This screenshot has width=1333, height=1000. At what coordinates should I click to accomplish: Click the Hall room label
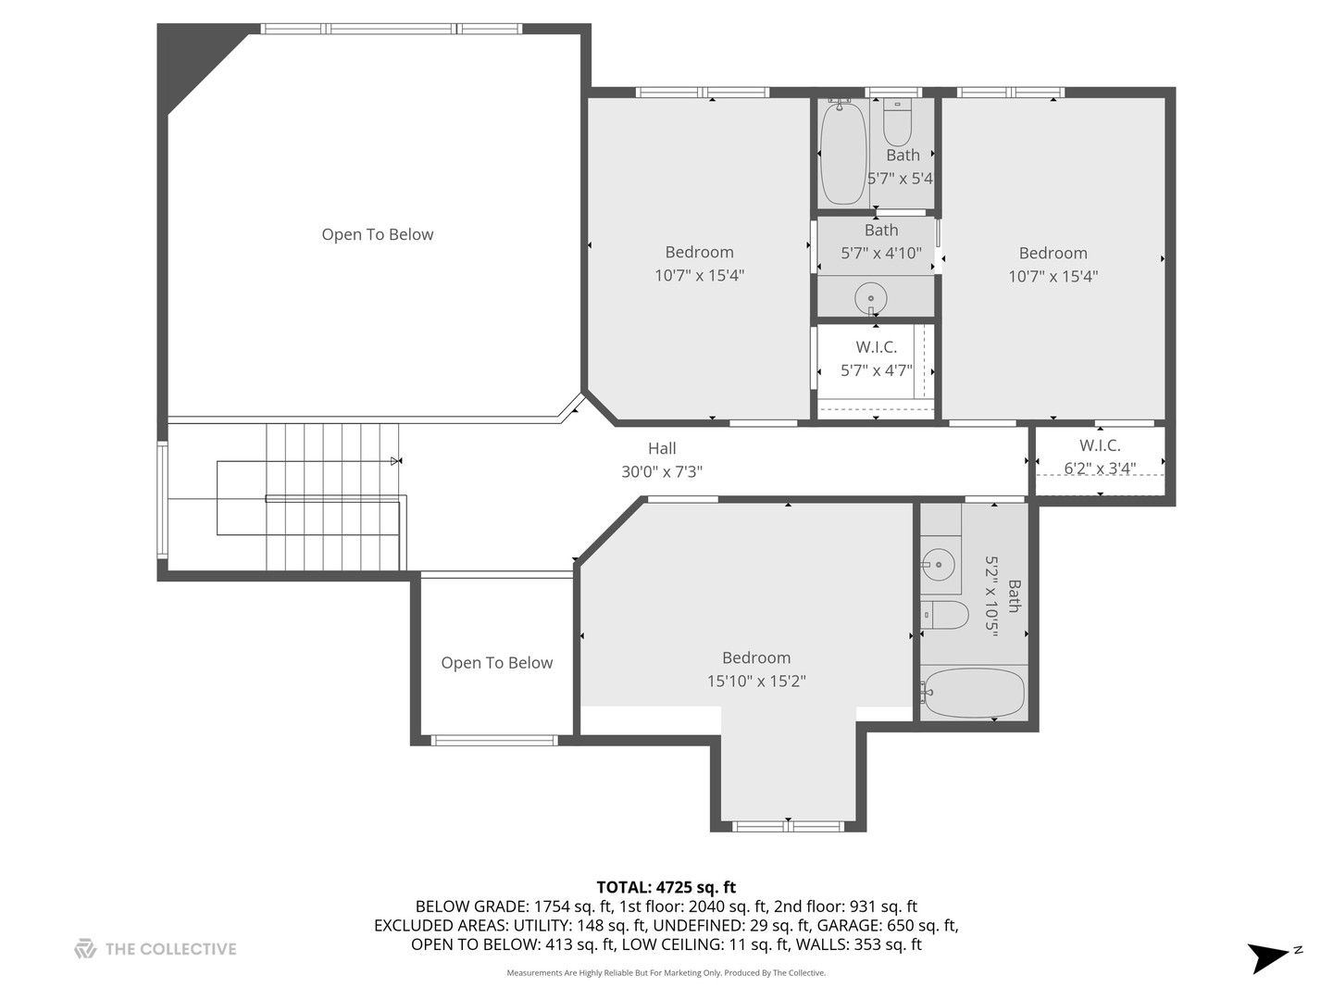point(661,448)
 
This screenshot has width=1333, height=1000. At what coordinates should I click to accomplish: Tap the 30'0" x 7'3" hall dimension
point(661,472)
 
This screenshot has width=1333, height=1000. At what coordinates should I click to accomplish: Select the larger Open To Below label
point(377,234)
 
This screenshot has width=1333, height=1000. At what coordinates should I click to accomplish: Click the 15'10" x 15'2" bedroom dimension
point(756,681)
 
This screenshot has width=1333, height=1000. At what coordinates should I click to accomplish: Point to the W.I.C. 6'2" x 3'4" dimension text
point(1100,469)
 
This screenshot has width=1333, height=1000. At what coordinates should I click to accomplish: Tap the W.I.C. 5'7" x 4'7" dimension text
point(876,371)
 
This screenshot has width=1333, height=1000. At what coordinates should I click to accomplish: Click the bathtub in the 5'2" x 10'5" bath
point(974,693)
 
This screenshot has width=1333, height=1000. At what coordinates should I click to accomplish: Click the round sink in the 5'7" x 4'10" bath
point(871,299)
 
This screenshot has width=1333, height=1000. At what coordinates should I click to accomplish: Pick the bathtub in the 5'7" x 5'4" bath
point(842,153)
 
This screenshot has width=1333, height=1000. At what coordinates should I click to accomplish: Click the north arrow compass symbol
point(1269,956)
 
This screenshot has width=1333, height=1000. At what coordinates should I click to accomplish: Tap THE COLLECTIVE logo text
point(170,949)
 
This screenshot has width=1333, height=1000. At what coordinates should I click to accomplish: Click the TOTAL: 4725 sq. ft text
point(666,887)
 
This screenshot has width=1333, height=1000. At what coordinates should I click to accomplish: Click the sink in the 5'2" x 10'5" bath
point(939,562)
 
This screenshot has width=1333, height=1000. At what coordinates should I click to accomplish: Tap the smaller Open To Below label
point(496,663)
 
